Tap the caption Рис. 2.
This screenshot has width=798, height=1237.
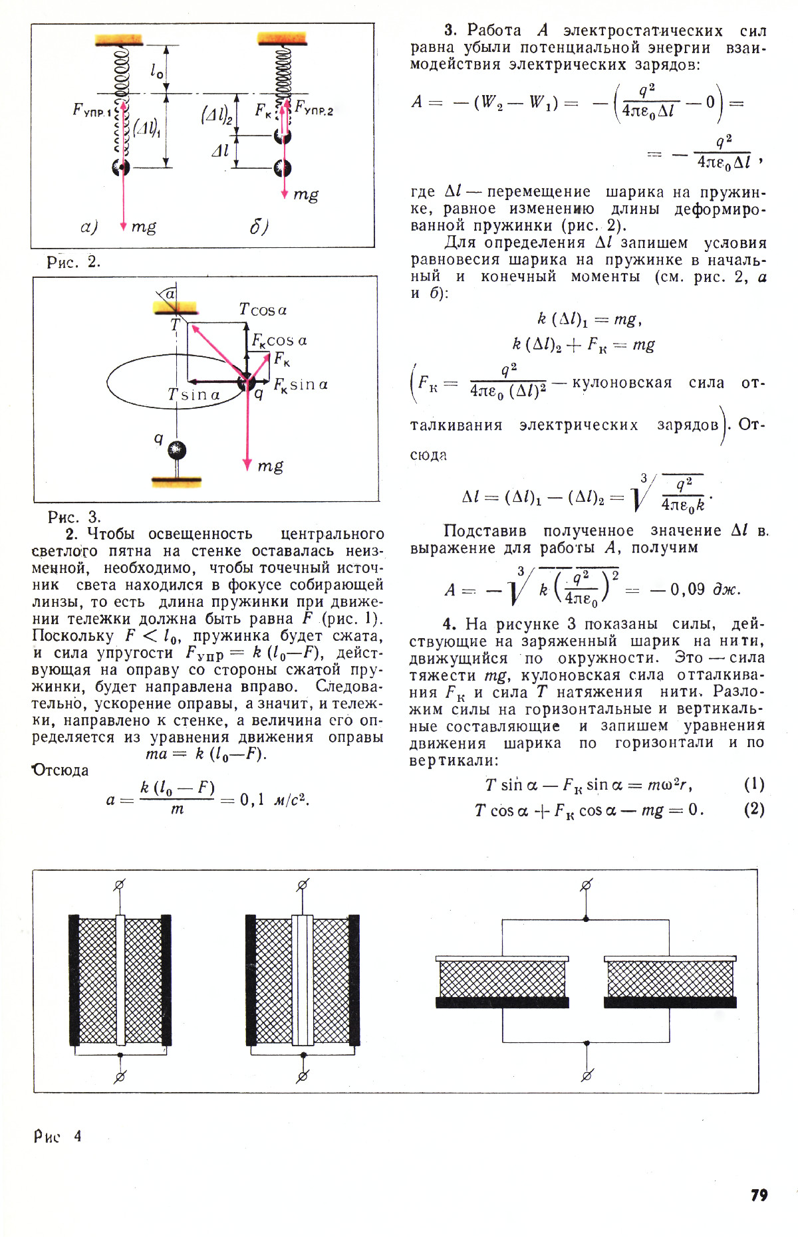tap(73, 262)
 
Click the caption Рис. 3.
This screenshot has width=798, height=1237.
tap(74, 516)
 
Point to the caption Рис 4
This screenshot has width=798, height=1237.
tap(58, 1136)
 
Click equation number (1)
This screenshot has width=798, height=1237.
tap(754, 784)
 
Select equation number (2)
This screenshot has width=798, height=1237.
tap(754, 810)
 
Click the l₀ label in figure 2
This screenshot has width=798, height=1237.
tap(157, 70)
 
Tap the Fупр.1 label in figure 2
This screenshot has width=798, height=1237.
tap(92, 110)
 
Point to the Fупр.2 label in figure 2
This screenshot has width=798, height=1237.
tap(314, 108)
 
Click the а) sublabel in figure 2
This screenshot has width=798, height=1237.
tap(89, 227)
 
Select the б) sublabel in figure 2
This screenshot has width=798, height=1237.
tap(259, 227)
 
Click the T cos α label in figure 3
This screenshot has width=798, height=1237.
tap(263, 310)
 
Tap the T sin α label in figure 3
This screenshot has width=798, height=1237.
tap(194, 395)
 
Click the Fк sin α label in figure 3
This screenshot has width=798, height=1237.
tap(301, 385)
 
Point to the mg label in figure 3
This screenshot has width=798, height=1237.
tap(270, 466)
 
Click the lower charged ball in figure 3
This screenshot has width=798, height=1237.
tap(177, 450)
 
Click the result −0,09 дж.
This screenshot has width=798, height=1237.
tap(695, 589)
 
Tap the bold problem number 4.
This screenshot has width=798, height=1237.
tap(450, 623)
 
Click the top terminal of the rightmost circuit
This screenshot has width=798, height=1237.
tap(587, 885)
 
